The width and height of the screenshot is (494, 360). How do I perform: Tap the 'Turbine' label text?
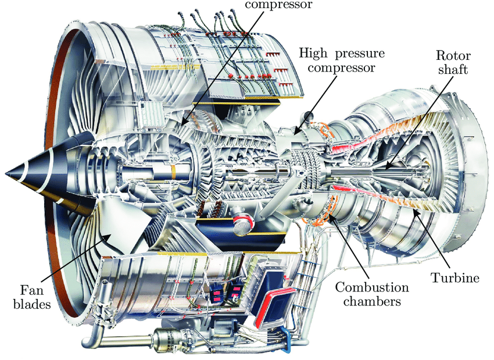coord(455,278)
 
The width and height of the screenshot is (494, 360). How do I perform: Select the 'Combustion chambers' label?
coord(371,294)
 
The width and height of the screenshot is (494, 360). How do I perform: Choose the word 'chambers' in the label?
coord(371,302)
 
